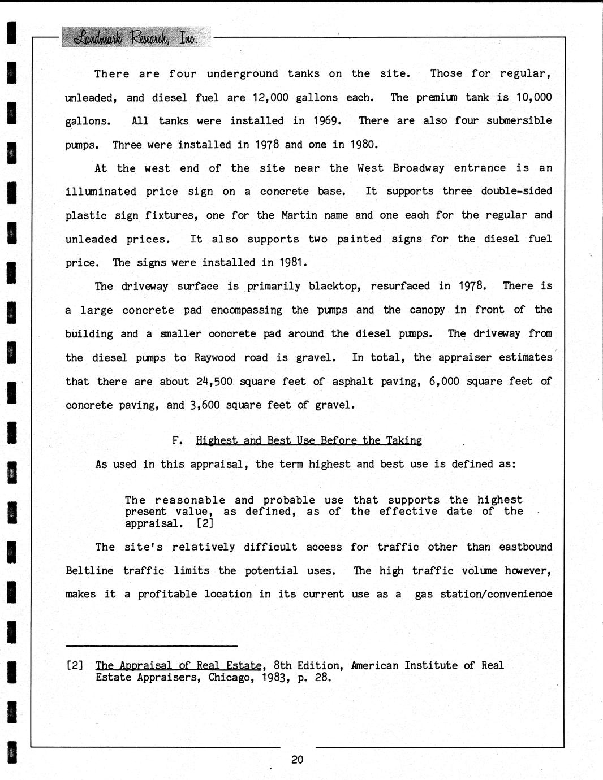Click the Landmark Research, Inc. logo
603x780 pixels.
coord(135,37)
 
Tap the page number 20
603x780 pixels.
coord(298,760)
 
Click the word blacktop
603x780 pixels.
coord(335,287)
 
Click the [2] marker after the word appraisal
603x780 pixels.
coord(204,523)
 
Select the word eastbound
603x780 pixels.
coord(526,547)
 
